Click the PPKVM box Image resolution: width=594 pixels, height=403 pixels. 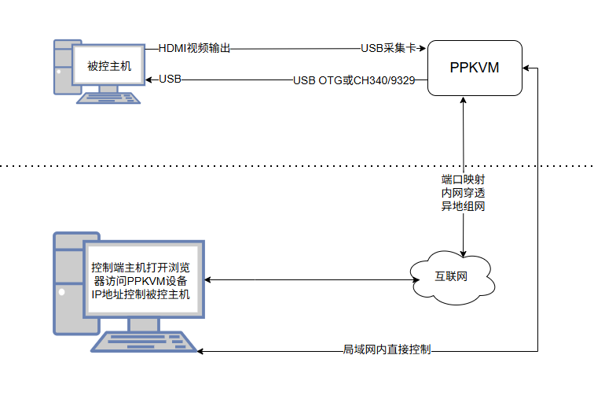tap(475, 68)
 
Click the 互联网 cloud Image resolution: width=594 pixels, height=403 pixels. tap(452, 277)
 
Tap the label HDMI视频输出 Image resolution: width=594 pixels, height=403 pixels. tap(194, 48)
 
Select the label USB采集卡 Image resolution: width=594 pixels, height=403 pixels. tap(388, 48)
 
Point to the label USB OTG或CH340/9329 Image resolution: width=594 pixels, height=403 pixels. tap(354, 80)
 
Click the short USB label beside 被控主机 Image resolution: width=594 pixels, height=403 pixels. tap(170, 79)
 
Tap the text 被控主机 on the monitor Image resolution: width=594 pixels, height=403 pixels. tap(109, 66)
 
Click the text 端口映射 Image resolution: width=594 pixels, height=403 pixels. tap(463, 179)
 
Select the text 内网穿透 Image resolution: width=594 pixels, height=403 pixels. tap(463, 193)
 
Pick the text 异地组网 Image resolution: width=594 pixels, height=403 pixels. tap(463, 206)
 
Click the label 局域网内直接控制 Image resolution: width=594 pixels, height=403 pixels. tap(387, 349)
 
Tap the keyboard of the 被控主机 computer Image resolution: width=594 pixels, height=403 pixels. tap(108, 98)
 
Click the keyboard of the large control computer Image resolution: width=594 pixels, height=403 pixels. tap(144, 342)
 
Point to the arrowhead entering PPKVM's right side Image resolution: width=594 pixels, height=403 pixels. tap(526, 68)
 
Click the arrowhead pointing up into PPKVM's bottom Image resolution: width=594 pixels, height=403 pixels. tap(463, 100)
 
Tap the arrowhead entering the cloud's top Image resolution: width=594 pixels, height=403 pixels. tap(463, 254)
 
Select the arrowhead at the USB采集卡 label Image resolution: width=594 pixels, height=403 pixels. tap(422, 48)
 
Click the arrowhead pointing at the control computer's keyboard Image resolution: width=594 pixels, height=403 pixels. tap(200, 351)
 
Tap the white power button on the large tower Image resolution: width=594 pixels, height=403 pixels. tap(62, 292)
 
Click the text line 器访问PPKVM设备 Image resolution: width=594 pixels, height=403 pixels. tap(141, 281)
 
